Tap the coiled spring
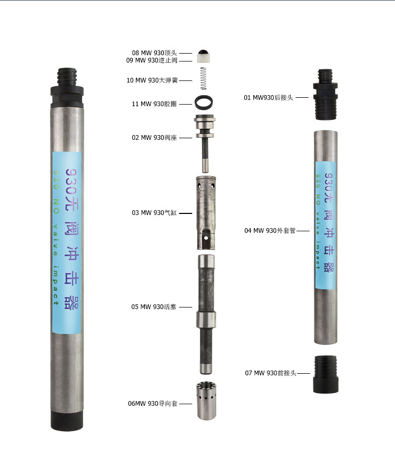click(203, 78)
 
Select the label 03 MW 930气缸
click(154, 213)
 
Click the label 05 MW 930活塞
click(154, 307)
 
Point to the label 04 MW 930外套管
click(270, 231)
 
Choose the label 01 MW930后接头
click(268, 98)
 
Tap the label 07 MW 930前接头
click(271, 373)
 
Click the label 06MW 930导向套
click(153, 404)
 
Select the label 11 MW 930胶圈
click(154, 104)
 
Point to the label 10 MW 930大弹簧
click(152, 80)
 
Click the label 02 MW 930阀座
click(154, 138)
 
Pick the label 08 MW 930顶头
click(154, 53)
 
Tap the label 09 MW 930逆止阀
click(152, 60)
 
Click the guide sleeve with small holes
click(206, 401)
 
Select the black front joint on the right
click(325, 374)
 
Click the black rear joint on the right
click(325, 94)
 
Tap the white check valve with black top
click(204, 56)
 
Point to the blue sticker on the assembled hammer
click(66, 242)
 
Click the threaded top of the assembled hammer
click(67, 77)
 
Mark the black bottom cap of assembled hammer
click(67, 420)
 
